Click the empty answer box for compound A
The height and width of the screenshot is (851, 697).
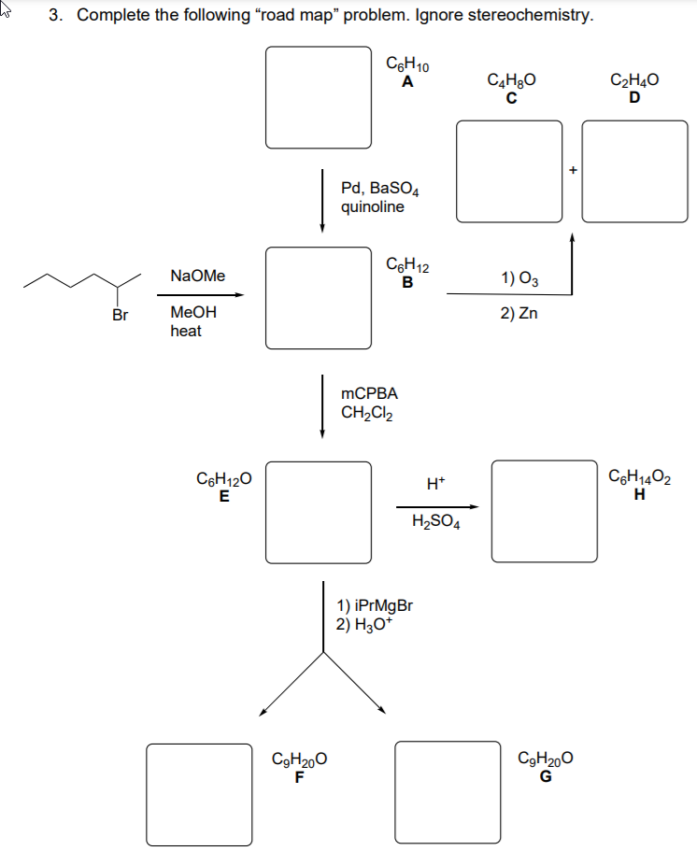[320, 96]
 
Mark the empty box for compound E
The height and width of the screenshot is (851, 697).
[320, 511]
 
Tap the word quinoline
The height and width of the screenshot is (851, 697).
[373, 207]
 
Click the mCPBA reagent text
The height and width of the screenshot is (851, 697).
[370, 394]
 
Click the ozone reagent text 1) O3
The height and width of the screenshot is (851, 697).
[519, 277]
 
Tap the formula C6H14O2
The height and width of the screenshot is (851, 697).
[640, 479]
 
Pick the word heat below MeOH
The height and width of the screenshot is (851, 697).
[186, 332]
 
